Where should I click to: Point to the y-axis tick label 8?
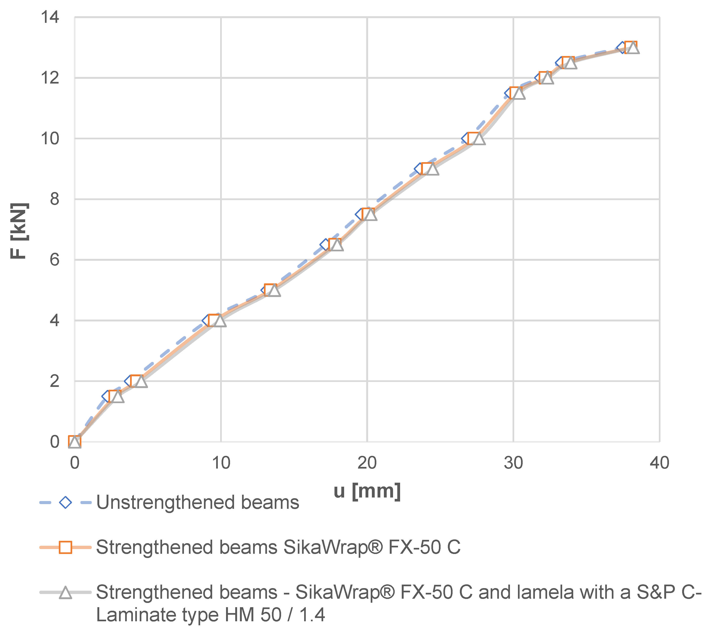pyautogui.click(x=54, y=199)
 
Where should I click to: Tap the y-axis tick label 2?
pyautogui.click(x=54, y=381)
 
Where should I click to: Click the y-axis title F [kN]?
pyautogui.click(x=19, y=231)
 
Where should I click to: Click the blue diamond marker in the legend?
pyautogui.click(x=65, y=503)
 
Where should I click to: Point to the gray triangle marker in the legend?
pyautogui.click(x=65, y=593)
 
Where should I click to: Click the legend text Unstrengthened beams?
pyautogui.click(x=198, y=503)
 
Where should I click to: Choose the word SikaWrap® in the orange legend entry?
pyautogui.click(x=333, y=548)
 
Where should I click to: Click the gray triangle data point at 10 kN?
pyautogui.click(x=479, y=139)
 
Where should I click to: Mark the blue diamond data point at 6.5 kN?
pyautogui.click(x=326, y=245)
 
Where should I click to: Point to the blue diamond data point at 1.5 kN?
pyautogui.click(x=108, y=396)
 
